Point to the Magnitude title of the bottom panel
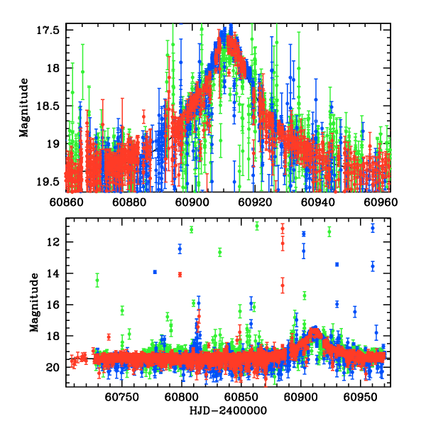[34, 303]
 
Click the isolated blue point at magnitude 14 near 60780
[155, 272]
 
